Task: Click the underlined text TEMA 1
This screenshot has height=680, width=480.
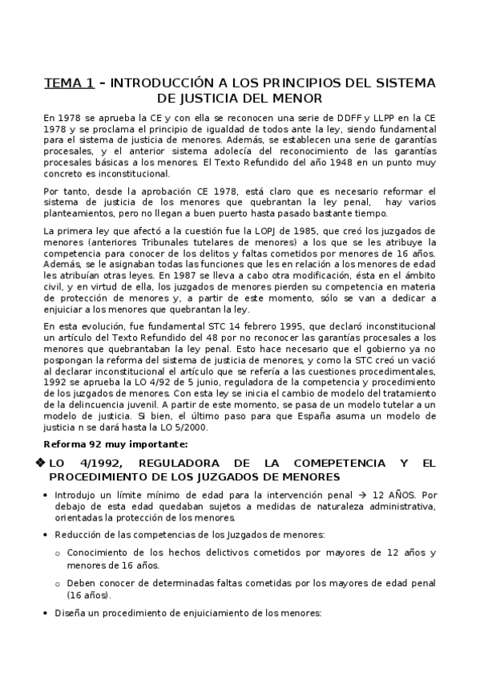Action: (x=69, y=83)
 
